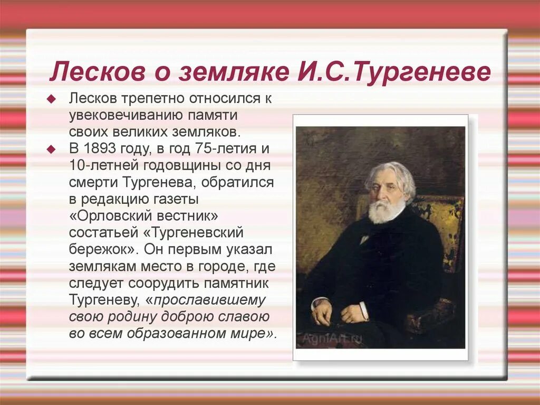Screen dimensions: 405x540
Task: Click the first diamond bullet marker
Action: pos(51,99)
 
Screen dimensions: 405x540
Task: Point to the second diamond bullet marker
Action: pos(51,148)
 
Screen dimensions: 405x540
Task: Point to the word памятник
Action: pos(240,282)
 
